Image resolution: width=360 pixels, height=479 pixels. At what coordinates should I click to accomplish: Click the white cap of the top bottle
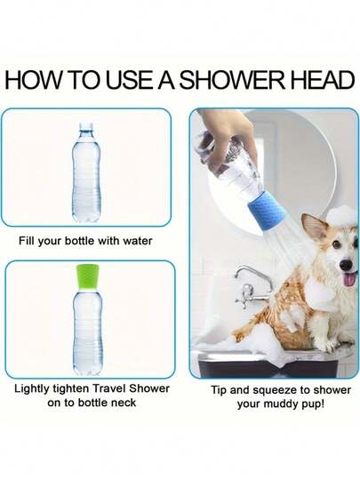click(x=86, y=126)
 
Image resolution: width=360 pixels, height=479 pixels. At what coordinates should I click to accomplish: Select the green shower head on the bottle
click(x=88, y=276)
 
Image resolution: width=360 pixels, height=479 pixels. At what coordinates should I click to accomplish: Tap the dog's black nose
click(x=347, y=266)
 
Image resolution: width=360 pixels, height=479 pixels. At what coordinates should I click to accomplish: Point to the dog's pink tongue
click(x=350, y=280)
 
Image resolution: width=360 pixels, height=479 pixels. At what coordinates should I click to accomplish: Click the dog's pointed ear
click(x=315, y=228)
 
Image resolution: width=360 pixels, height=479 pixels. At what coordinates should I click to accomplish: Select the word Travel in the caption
click(x=109, y=388)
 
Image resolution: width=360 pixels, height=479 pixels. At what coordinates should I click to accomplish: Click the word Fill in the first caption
click(x=26, y=241)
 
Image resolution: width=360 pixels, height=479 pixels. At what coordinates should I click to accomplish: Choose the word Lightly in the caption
click(x=32, y=389)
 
